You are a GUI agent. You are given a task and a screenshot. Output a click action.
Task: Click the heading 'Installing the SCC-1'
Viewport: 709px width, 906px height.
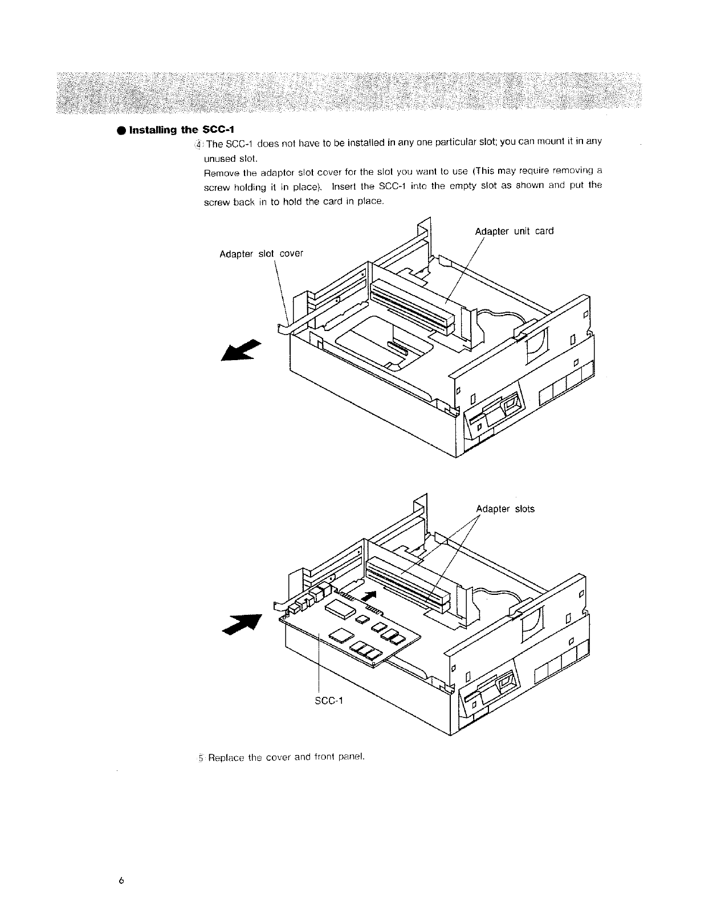[177, 130]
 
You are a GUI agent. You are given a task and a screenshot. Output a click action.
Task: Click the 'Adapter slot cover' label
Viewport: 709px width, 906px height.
[261, 254]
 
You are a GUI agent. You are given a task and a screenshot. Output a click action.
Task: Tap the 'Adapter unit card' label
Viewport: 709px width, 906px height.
[514, 231]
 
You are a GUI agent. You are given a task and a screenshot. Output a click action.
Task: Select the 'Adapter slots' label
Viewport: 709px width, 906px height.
[505, 509]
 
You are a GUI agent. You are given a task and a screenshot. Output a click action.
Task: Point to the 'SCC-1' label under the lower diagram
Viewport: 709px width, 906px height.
[329, 700]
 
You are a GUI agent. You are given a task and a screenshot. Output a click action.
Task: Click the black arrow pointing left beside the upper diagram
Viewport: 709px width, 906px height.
[240, 349]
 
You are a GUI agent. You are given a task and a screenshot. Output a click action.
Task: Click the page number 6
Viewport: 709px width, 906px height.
[121, 880]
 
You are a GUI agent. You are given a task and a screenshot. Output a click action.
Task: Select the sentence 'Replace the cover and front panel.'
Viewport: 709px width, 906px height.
[286, 757]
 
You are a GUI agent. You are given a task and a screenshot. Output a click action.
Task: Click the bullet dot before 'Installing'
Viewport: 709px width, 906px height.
[122, 130]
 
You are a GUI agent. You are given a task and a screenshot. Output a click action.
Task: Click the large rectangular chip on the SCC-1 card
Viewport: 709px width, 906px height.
[341, 609]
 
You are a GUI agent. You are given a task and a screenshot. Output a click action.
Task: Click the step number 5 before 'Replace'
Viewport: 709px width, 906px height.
[201, 758]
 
